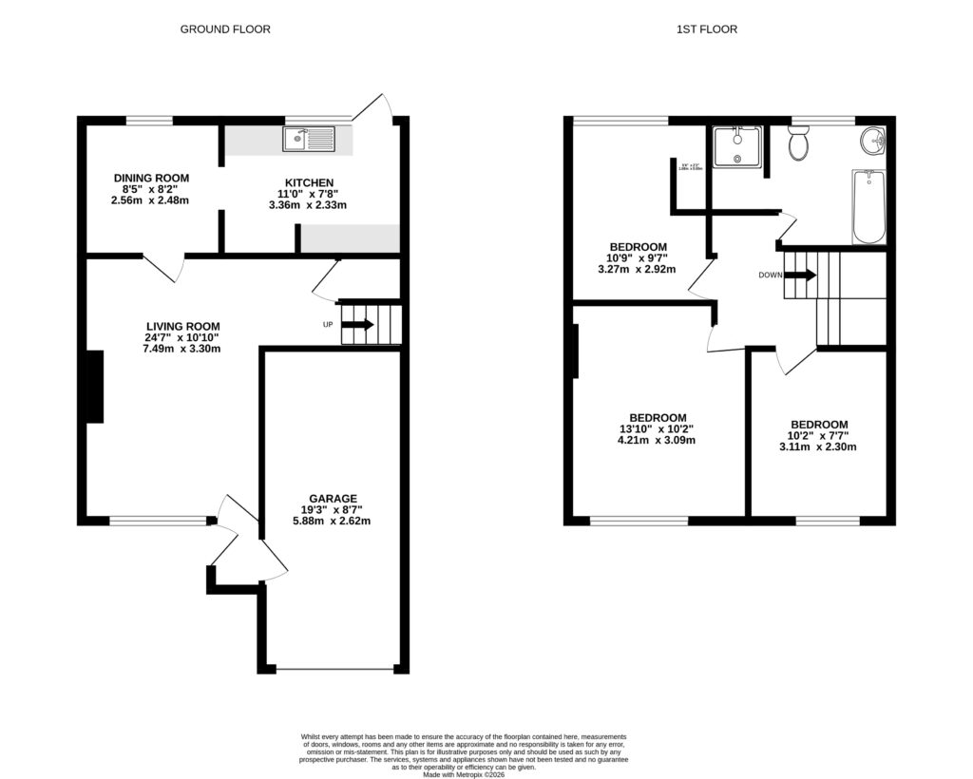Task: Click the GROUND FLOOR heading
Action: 225,29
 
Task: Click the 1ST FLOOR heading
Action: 707,29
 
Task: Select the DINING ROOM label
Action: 151,178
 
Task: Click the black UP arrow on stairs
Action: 357,325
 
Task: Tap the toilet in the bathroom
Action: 798,144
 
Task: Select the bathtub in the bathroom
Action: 868,206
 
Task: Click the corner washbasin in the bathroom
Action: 873,142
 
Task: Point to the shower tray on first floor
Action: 737,146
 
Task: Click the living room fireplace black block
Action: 95,387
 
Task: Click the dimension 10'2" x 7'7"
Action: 818,436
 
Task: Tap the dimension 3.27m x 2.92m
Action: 637,269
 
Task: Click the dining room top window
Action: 150,121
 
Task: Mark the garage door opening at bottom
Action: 334,670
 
